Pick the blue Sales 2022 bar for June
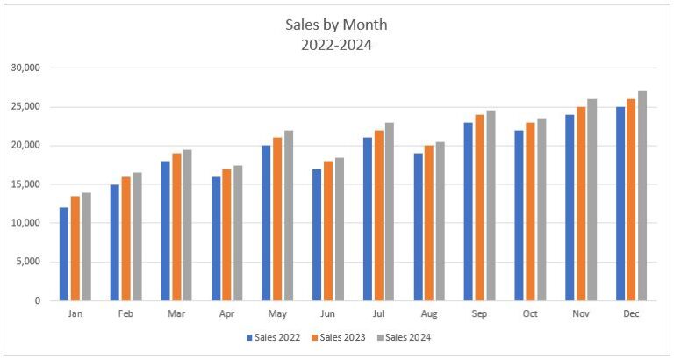click(317, 234)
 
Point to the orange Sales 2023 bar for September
click(480, 207)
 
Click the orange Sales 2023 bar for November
click(581, 204)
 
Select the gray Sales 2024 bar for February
click(137, 236)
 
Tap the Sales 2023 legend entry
click(340, 337)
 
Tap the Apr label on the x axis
click(226, 313)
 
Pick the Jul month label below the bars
click(378, 313)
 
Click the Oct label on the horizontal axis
click(530, 313)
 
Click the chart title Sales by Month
click(337, 25)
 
